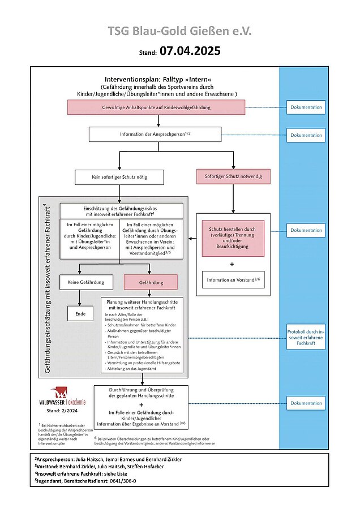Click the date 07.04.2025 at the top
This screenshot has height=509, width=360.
pyautogui.click(x=189, y=51)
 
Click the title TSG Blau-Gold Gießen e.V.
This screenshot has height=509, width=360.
pyautogui.click(x=180, y=31)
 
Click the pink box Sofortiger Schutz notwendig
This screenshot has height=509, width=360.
pyautogui.click(x=233, y=176)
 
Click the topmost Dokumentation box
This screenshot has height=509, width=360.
pyautogui.click(x=306, y=107)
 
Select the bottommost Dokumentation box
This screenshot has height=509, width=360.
pyautogui.click(x=306, y=403)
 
